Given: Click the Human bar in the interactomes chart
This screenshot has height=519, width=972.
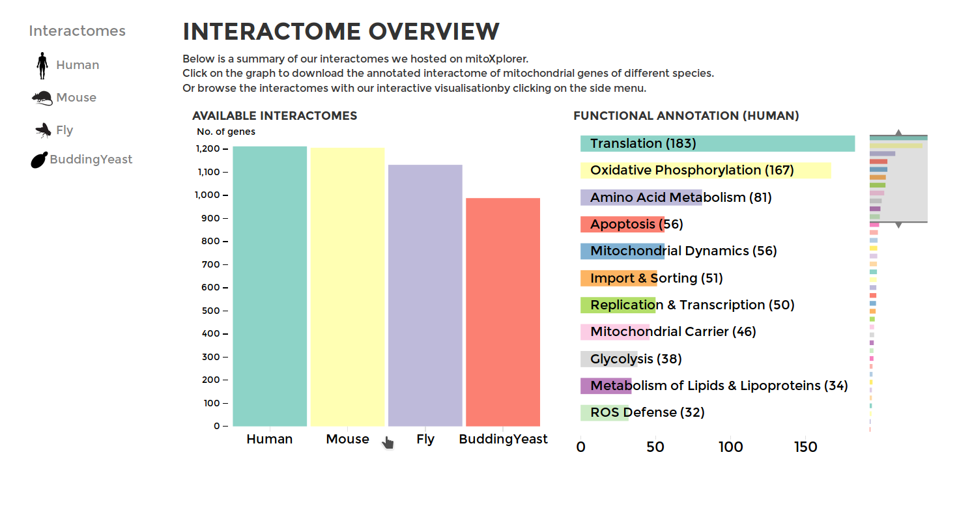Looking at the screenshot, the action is [x=270, y=286].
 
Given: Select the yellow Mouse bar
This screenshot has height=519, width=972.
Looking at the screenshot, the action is [x=347, y=287].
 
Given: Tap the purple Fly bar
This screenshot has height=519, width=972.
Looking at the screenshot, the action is [x=425, y=295].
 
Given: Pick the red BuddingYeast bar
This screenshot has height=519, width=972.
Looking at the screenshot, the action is [x=502, y=312].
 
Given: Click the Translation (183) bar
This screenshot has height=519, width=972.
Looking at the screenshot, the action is [x=717, y=143].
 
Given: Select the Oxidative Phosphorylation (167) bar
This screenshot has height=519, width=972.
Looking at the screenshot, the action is [x=706, y=171].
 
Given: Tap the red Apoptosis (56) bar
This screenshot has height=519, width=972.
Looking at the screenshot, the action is [x=622, y=224].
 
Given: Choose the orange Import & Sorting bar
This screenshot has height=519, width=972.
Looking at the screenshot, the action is [x=619, y=278].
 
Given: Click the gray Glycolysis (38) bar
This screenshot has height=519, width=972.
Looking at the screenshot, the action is [x=608, y=359].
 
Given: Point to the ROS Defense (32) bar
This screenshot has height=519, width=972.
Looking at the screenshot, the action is [x=605, y=412].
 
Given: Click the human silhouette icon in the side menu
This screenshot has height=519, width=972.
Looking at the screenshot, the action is [x=42, y=66].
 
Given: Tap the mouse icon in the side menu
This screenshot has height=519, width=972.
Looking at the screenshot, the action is [x=42, y=98].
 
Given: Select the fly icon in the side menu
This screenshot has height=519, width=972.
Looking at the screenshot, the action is [x=43, y=130].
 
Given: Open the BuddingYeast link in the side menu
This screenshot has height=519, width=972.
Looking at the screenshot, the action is [x=91, y=160].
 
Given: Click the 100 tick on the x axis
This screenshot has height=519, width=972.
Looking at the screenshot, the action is [x=731, y=447].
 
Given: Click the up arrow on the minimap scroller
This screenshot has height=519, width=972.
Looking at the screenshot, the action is [x=898, y=132].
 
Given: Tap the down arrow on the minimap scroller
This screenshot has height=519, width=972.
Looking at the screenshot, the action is [x=898, y=225].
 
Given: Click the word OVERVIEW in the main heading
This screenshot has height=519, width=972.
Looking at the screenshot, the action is [x=434, y=32].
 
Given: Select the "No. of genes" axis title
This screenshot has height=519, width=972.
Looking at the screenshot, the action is [x=226, y=132].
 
